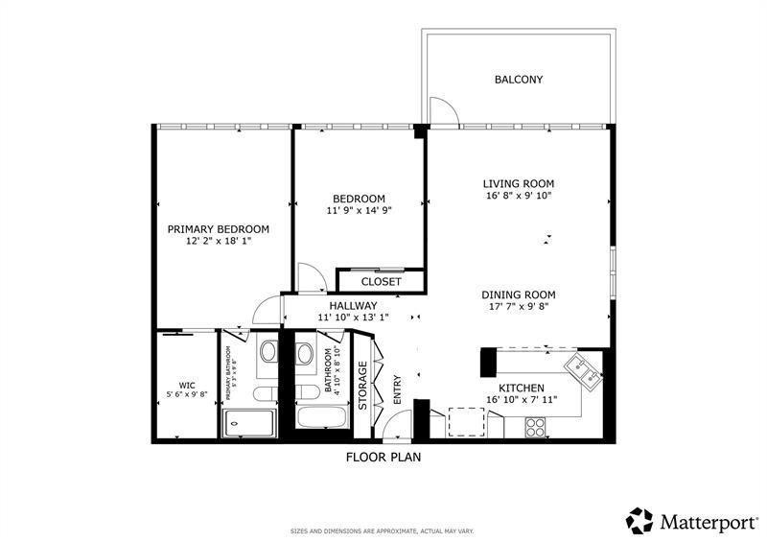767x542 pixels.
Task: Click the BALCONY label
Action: (x=519, y=80)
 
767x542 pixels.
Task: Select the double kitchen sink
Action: (x=582, y=369)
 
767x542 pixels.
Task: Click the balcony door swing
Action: (x=443, y=111)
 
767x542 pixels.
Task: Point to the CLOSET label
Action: (x=381, y=282)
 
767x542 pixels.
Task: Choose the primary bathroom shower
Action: (x=249, y=421)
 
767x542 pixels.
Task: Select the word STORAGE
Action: (x=362, y=386)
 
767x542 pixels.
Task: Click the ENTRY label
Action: (x=397, y=388)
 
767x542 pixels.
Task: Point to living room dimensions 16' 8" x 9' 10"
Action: (x=518, y=195)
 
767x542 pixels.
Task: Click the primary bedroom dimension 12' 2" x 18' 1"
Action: (x=218, y=242)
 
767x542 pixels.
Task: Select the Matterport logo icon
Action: (x=639, y=520)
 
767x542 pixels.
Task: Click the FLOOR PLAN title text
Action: (x=383, y=458)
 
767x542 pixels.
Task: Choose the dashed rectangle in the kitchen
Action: (x=466, y=422)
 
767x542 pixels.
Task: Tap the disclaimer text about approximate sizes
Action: (x=383, y=530)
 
